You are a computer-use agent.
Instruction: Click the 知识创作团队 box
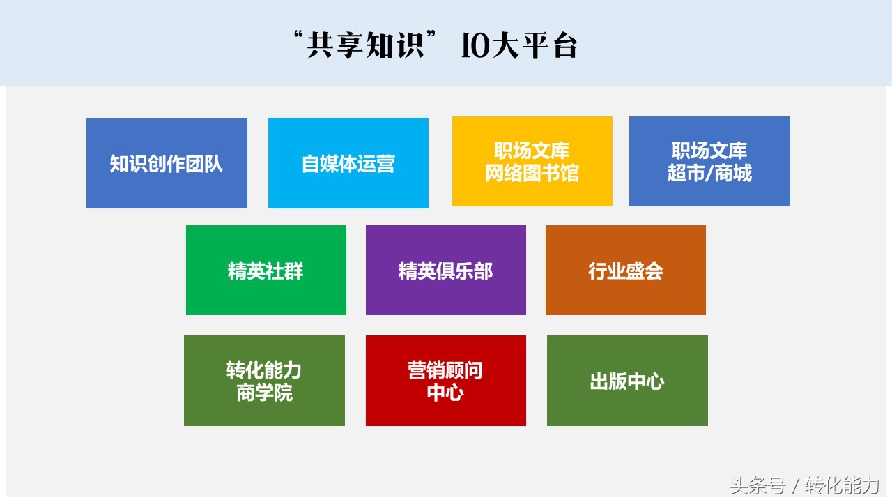(x=167, y=163)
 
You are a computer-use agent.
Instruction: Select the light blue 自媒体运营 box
(x=348, y=163)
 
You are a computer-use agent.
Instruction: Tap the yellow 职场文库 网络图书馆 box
(x=532, y=161)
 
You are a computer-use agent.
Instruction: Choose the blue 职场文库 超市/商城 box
(x=709, y=161)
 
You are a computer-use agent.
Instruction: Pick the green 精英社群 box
(x=266, y=271)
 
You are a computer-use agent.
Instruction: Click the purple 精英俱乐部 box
(x=446, y=271)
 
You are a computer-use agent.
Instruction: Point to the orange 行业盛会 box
(x=626, y=271)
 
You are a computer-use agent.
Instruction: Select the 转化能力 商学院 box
(x=264, y=381)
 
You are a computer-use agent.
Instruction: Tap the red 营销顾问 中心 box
(x=446, y=381)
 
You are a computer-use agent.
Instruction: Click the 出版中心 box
(x=627, y=381)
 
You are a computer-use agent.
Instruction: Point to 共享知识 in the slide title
(x=368, y=47)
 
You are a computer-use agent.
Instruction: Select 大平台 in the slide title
(x=535, y=47)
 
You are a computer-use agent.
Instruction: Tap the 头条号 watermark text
(x=757, y=485)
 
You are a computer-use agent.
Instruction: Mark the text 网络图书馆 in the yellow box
(x=532, y=173)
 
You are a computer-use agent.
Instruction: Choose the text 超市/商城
(x=709, y=173)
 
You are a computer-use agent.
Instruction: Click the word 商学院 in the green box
(x=264, y=393)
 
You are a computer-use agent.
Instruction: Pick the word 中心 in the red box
(x=446, y=393)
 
